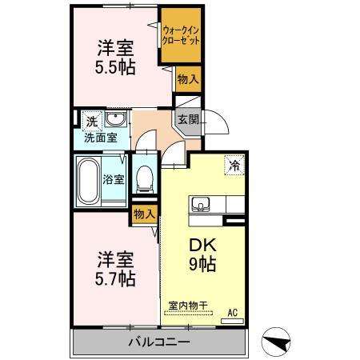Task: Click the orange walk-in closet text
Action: [180, 36]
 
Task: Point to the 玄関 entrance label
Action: [188, 120]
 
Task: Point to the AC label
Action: [234, 312]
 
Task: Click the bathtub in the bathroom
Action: [88, 179]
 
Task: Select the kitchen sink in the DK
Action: [200, 202]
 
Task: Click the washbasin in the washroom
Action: [114, 121]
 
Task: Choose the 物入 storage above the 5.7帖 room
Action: [144, 214]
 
